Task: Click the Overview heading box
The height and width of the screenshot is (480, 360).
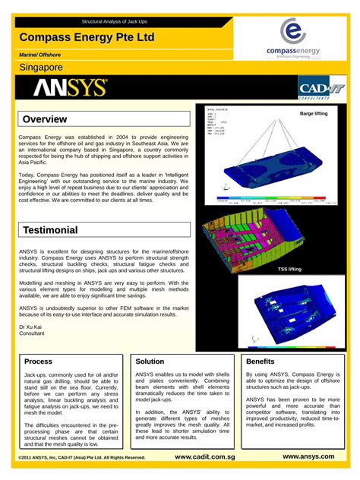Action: pyautogui.click(x=105, y=119)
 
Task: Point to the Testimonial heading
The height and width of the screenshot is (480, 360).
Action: pyautogui.click(x=105, y=229)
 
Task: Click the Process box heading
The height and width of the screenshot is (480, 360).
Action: pyautogui.click(x=39, y=362)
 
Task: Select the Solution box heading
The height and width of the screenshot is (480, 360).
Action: pyautogui.click(x=150, y=362)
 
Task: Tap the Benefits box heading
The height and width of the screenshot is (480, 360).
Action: pyautogui.click(x=261, y=362)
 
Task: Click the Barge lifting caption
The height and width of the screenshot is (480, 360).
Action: pyautogui.click(x=314, y=113)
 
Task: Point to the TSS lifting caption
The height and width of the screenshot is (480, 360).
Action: pyautogui.click(x=289, y=269)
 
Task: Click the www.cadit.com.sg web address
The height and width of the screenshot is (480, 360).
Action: pyautogui.click(x=204, y=457)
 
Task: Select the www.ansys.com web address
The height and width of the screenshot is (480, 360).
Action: pyautogui.click(x=308, y=456)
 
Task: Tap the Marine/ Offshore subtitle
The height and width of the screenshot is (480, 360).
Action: pyautogui.click(x=39, y=55)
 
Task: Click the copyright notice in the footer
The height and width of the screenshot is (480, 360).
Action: pyautogui.click(x=81, y=458)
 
